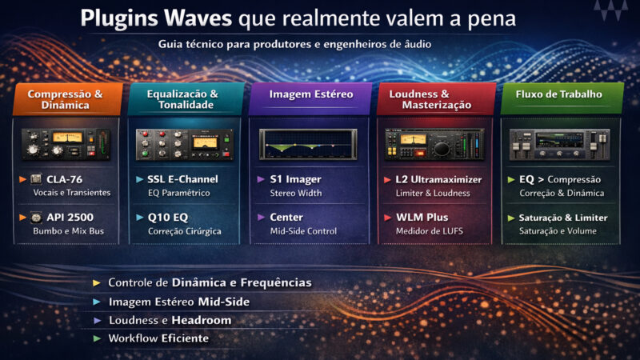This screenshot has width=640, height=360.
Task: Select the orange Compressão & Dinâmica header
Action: point(66,99)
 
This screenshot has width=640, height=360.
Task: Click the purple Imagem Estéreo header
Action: point(310,94)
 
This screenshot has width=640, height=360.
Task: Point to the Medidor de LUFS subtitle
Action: point(429,232)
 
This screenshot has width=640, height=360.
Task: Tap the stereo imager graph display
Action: point(310,142)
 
